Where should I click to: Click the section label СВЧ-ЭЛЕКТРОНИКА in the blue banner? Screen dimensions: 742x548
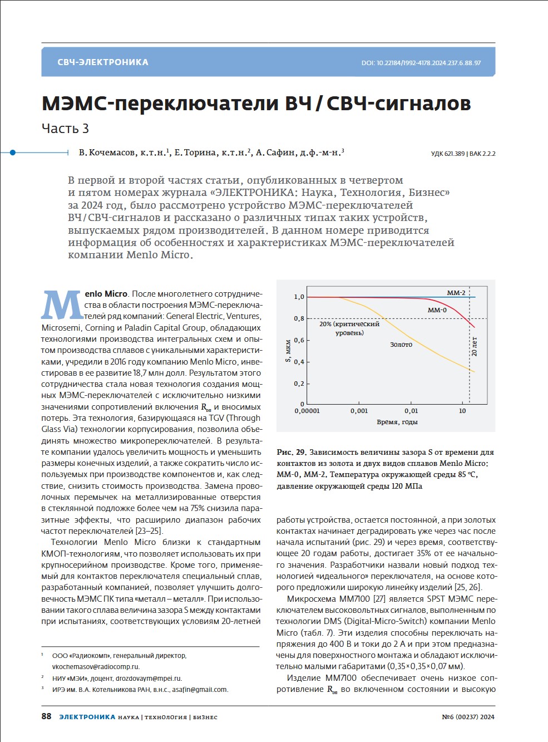[x=103, y=62]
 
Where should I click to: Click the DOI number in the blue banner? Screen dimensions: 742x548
[x=421, y=63]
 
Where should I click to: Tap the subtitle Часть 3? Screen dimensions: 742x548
[x=65, y=129]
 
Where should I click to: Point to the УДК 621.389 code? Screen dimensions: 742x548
[x=447, y=154]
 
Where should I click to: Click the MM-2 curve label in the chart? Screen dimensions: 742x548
[x=456, y=293]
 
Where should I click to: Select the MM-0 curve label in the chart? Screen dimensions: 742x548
[x=437, y=310]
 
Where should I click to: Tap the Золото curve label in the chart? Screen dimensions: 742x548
[x=401, y=345]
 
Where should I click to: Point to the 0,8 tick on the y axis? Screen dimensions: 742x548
[x=299, y=318]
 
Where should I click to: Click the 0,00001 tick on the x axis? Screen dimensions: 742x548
[x=307, y=411]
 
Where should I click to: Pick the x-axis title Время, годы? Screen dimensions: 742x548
[x=397, y=422]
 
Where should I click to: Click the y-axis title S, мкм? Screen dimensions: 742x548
[x=288, y=351]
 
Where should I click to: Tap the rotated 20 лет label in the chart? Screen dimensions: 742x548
[x=475, y=346]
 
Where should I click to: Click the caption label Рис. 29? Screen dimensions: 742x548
[x=292, y=453]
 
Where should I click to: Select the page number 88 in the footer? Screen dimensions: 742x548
[x=46, y=716]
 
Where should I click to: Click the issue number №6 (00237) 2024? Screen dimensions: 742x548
[x=468, y=717]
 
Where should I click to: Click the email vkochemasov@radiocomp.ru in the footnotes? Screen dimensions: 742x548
[x=96, y=667]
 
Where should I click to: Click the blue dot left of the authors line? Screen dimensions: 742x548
[x=13, y=152]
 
